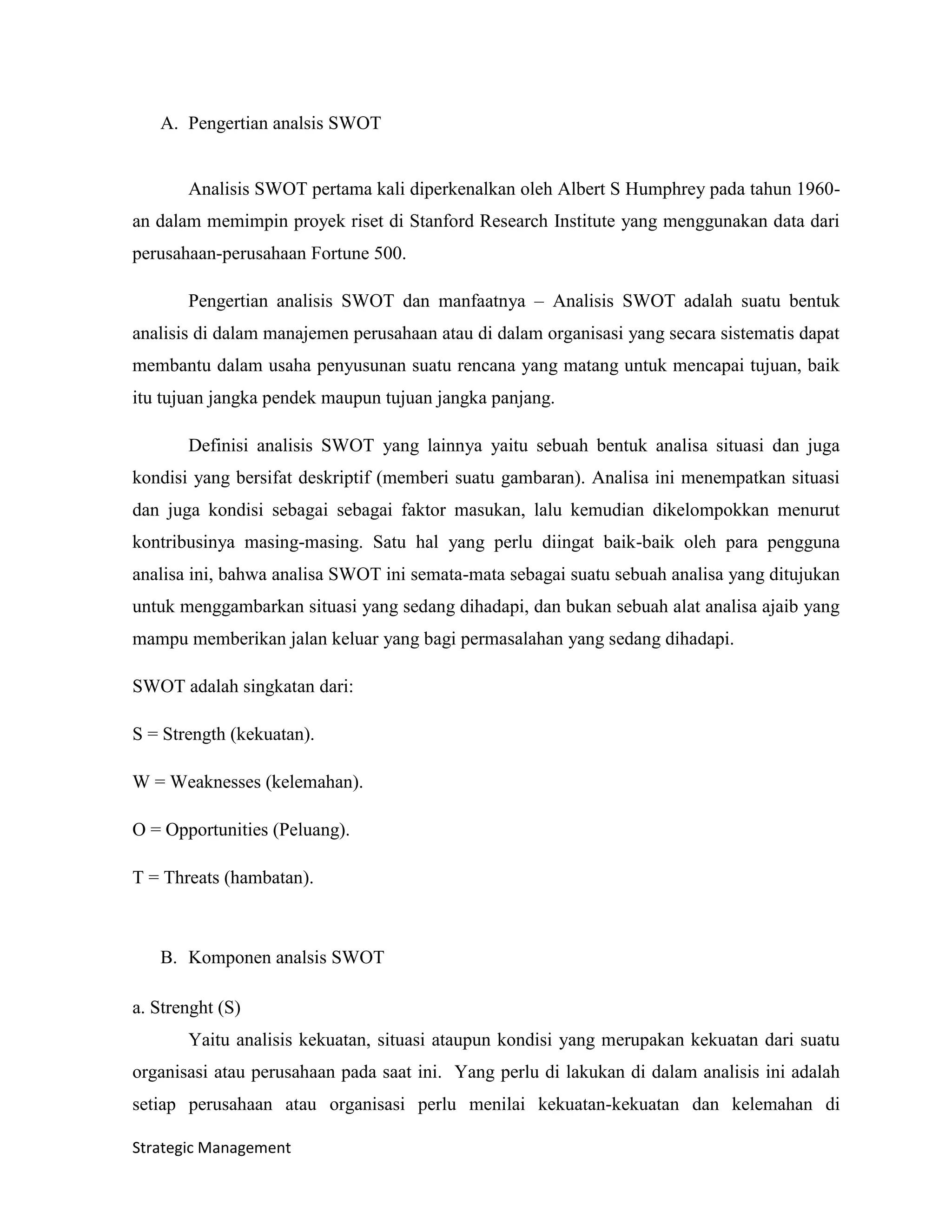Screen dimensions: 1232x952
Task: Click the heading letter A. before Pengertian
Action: (x=169, y=123)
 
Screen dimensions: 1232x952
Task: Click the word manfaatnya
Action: (x=482, y=301)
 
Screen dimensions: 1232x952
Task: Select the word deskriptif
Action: (x=334, y=478)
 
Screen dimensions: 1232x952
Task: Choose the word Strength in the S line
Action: (x=194, y=735)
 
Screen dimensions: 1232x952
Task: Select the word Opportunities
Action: (x=217, y=830)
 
